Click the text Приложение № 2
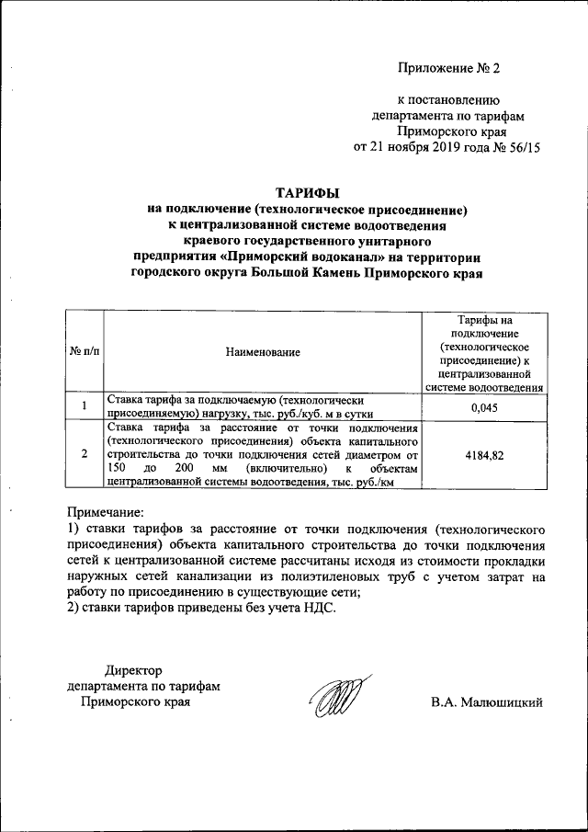click(452, 68)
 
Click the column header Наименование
click(264, 351)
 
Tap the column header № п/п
click(84, 351)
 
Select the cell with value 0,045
click(483, 407)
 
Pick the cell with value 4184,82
click(483, 454)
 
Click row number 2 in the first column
click(84, 454)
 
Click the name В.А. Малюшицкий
click(487, 702)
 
